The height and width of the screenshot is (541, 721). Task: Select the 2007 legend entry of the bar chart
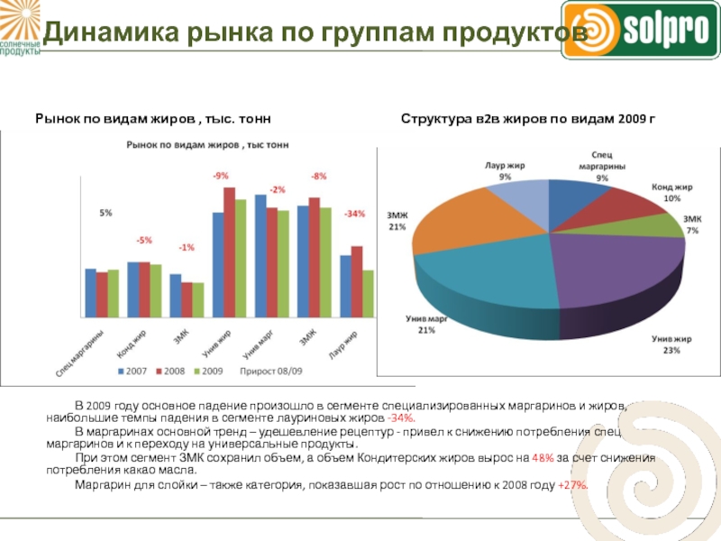[132, 370]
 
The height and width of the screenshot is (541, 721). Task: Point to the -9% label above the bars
[221, 176]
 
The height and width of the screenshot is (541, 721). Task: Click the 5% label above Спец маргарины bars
[105, 213]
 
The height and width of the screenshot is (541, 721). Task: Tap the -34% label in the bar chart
[354, 214]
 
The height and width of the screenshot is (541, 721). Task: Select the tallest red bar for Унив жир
[230, 252]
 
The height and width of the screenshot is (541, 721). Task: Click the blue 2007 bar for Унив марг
[260, 256]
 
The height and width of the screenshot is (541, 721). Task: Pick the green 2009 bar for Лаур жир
[368, 294]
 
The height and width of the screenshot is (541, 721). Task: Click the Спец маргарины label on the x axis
[81, 353]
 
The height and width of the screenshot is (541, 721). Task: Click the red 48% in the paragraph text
[543, 458]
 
